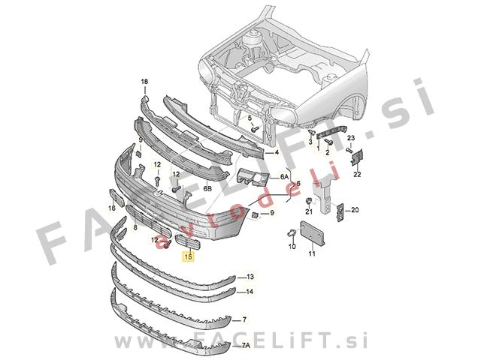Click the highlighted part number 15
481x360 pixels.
click(188, 256)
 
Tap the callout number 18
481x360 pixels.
click(144, 82)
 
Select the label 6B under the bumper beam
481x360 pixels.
click(207, 188)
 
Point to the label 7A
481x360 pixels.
click(246, 346)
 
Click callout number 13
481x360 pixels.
click(250, 277)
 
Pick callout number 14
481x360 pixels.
click(250, 292)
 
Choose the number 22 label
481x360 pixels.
click(357, 174)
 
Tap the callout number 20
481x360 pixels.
click(355, 210)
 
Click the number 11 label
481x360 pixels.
click(312, 253)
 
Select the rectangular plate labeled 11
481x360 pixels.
click(312, 232)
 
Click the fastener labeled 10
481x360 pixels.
click(292, 234)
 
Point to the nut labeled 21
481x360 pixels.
click(308, 202)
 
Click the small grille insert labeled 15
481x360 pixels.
click(187, 241)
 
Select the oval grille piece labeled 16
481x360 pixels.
click(116, 197)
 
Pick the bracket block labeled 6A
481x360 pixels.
click(253, 177)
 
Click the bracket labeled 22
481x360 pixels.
click(357, 157)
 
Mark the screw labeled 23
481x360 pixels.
click(349, 150)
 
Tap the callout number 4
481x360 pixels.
click(277, 152)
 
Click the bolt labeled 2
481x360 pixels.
click(328, 142)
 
